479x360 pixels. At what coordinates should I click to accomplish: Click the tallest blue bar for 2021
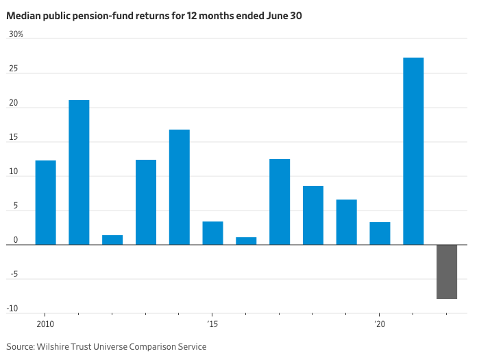point(413,151)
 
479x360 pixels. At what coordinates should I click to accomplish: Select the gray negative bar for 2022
point(447,272)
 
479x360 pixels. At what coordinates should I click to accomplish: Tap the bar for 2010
point(46,202)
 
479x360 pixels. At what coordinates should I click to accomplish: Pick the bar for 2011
point(79,172)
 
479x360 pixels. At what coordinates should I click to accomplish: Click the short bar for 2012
point(112,240)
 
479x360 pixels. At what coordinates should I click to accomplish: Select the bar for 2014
point(180,187)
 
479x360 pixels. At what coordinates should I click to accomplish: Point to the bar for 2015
point(212,233)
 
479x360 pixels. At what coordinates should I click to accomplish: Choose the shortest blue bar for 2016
point(246,241)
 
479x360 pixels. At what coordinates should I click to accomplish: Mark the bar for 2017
point(280,202)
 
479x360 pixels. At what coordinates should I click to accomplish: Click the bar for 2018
point(313,215)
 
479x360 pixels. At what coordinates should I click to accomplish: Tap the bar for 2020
point(380,233)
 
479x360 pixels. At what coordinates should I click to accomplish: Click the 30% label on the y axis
point(15,34)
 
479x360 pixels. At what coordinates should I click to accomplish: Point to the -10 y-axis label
point(13,309)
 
